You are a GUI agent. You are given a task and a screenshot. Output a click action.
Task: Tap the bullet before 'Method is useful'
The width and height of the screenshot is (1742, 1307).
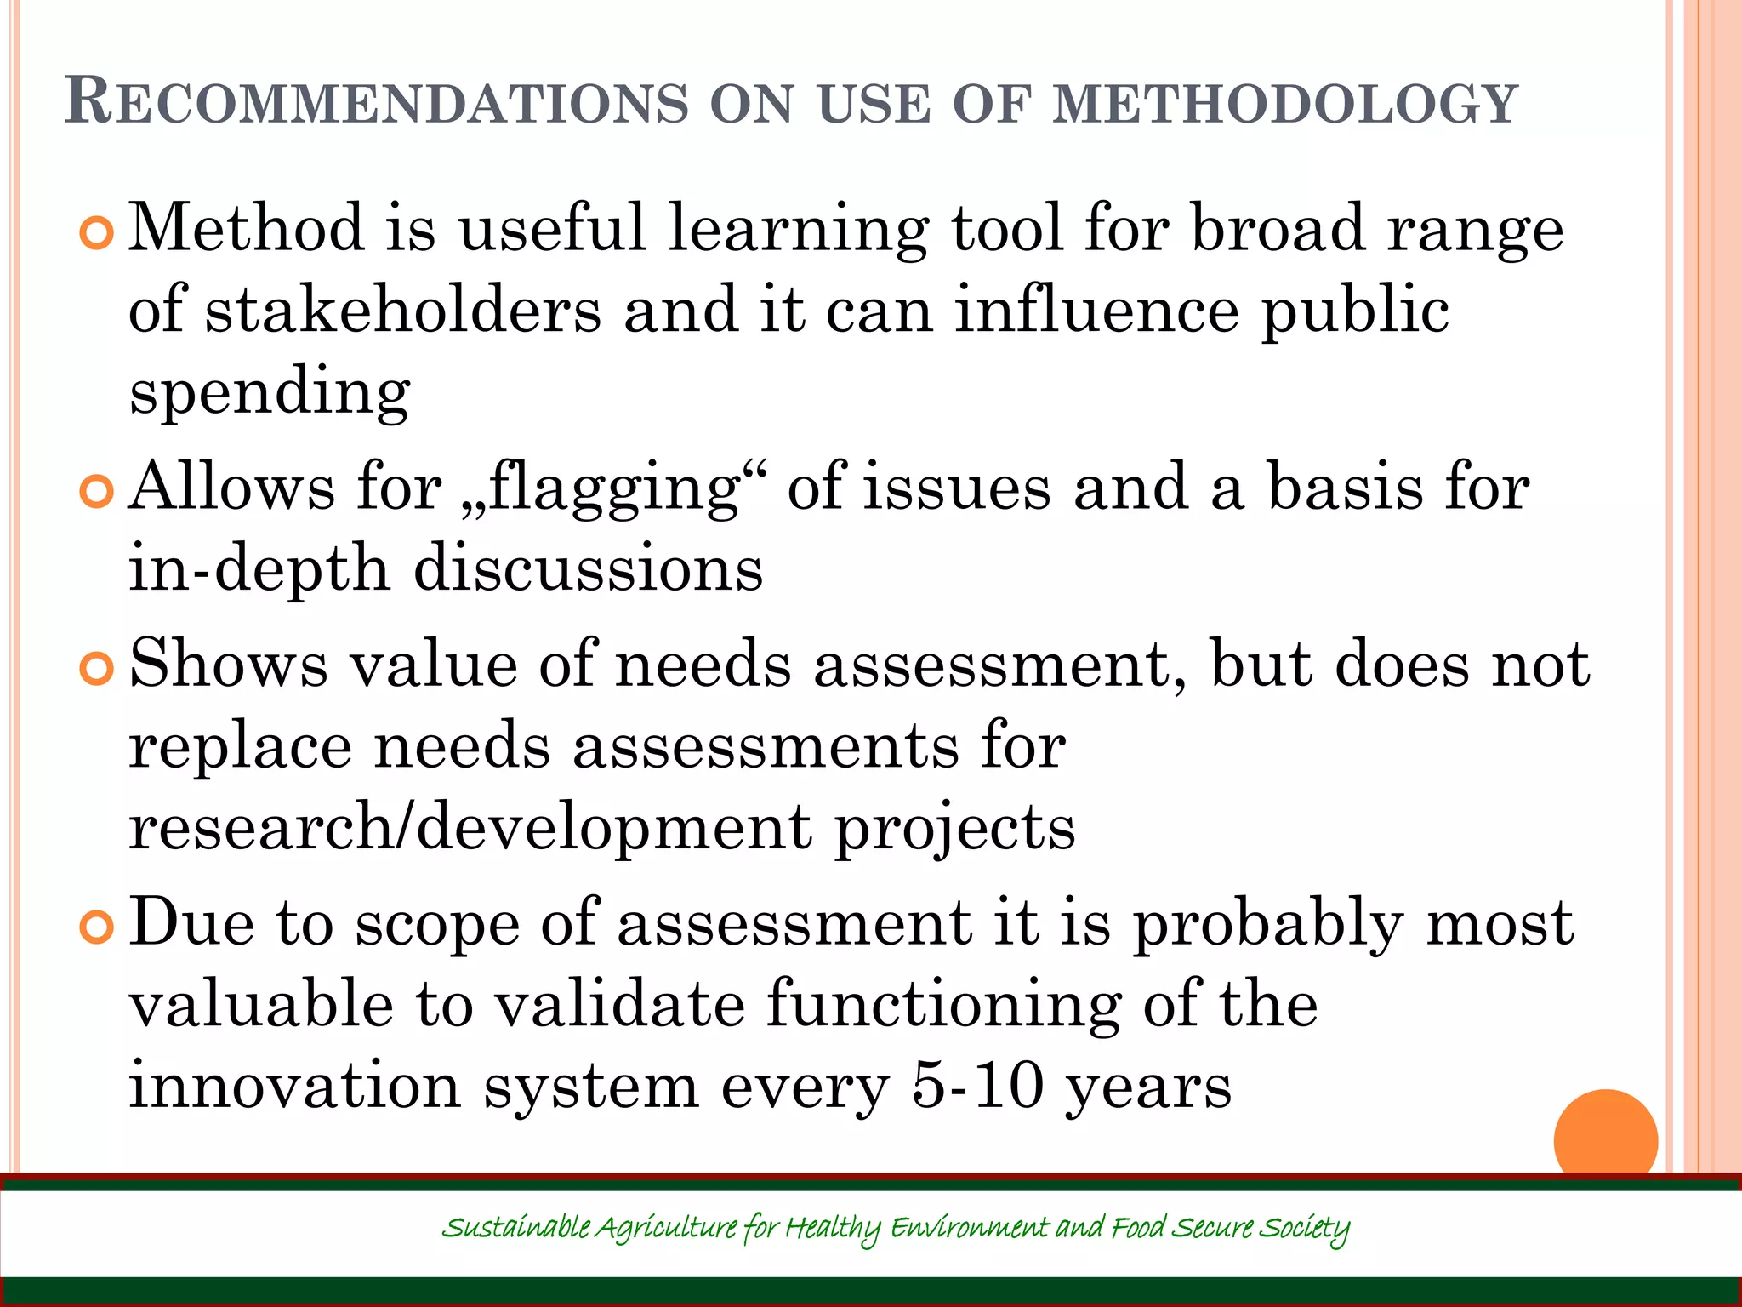tap(96, 233)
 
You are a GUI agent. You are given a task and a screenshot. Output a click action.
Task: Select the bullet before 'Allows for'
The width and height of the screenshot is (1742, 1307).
tap(96, 491)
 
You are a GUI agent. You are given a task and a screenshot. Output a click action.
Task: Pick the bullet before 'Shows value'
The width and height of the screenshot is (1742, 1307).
tap(96, 669)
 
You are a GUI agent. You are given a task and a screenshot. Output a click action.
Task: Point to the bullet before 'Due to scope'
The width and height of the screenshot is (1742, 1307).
tap(96, 927)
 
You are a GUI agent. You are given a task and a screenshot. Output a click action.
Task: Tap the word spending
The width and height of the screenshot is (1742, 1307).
tap(270, 393)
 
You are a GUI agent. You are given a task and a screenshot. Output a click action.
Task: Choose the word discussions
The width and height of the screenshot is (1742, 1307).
tap(588, 568)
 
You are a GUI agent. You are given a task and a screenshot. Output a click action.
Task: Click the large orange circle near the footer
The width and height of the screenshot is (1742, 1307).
tap(1605, 1139)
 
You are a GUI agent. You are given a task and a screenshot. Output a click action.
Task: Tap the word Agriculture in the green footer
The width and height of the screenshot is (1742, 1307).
tap(666, 1229)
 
